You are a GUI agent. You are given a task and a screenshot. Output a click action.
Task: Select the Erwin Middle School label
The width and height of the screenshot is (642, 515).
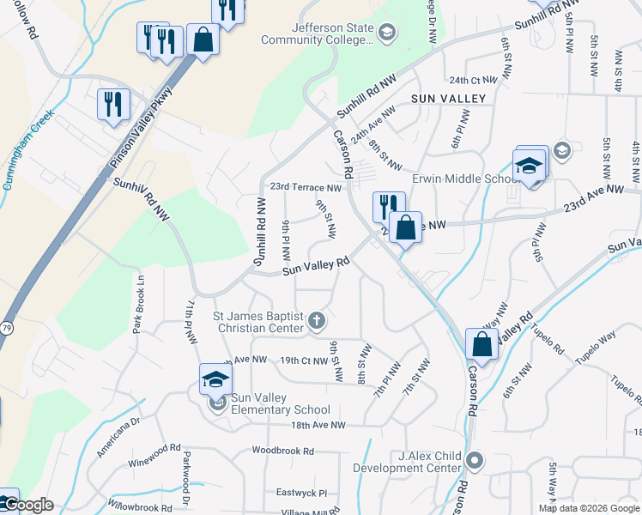click(462, 179)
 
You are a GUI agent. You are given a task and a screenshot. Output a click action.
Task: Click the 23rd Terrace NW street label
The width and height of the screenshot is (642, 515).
click(306, 187)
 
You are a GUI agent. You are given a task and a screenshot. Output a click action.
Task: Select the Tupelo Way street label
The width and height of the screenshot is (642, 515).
click(596, 339)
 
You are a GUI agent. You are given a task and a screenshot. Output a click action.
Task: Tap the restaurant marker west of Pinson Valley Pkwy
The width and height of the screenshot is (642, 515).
click(113, 105)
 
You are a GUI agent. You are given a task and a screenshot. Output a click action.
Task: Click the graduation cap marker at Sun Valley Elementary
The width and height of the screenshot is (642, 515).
click(215, 378)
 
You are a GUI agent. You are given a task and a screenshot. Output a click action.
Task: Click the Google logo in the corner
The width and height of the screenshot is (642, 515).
click(28, 506)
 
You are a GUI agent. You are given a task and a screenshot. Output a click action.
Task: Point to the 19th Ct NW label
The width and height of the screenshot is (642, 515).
click(304, 360)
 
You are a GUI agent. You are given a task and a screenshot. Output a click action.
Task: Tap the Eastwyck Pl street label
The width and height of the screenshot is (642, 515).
click(301, 494)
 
